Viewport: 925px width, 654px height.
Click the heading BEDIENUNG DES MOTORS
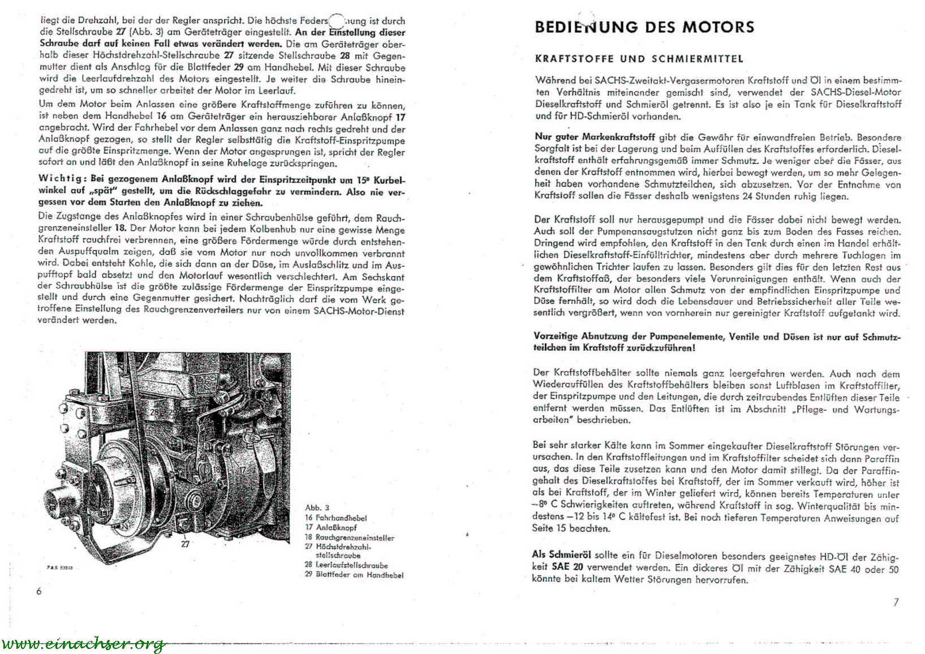(644, 27)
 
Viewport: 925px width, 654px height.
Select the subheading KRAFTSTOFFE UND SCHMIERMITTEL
(639, 59)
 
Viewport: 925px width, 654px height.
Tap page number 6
(39, 591)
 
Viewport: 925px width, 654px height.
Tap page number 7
(896, 602)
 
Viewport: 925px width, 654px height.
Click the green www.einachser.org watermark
(83, 644)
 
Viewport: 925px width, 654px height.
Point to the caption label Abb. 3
(317, 507)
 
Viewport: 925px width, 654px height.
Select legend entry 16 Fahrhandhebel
(335, 518)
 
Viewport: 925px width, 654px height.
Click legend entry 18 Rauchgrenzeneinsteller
(349, 537)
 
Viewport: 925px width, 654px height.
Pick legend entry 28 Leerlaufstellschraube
(346, 565)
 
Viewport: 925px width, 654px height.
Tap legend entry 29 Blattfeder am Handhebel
(354, 575)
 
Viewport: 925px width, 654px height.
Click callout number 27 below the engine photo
(185, 544)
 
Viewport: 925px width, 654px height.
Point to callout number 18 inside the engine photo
(216, 469)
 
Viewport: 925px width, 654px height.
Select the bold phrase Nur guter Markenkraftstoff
(595, 137)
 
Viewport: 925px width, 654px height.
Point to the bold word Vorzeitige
(555, 335)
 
